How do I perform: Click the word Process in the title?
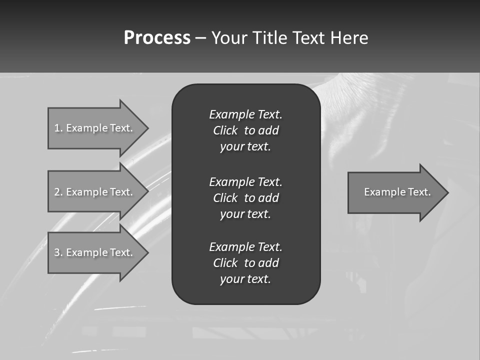point(157,38)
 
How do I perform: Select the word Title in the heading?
point(267,38)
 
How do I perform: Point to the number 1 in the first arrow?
point(57,128)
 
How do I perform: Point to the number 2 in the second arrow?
point(57,192)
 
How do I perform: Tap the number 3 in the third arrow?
point(57,252)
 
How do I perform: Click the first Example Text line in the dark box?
point(245,114)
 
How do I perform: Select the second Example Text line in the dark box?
point(245,181)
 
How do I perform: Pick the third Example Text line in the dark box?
point(245,247)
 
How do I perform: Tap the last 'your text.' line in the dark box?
point(245,279)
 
